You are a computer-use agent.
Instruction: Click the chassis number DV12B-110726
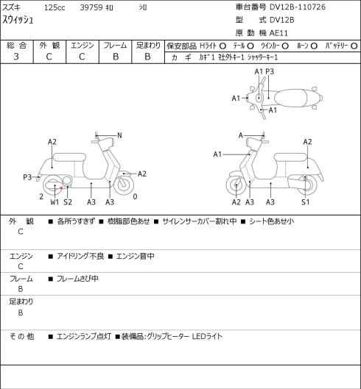298,7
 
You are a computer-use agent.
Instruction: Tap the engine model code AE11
278,33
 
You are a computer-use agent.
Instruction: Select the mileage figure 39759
91,7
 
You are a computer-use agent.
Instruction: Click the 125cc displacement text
55,7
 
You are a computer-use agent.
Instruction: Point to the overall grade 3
16,57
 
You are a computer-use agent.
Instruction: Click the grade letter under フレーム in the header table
116,57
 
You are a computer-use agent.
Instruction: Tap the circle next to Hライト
222,46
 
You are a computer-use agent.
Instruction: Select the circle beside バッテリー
354,46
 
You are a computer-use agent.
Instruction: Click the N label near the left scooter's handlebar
119,135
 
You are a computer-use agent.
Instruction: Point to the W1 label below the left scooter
55,202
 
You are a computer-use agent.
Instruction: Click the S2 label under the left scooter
68,202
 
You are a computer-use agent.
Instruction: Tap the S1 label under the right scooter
306,202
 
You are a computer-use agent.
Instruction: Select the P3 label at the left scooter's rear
27,177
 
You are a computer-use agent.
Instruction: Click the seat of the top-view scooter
291,98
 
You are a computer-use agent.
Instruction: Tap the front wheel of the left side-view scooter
124,185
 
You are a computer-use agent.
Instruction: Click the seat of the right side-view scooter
290,157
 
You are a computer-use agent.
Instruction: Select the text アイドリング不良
80,256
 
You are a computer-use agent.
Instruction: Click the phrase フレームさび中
77,279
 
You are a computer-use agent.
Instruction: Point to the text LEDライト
207,337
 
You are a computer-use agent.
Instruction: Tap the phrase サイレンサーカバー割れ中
200,221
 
